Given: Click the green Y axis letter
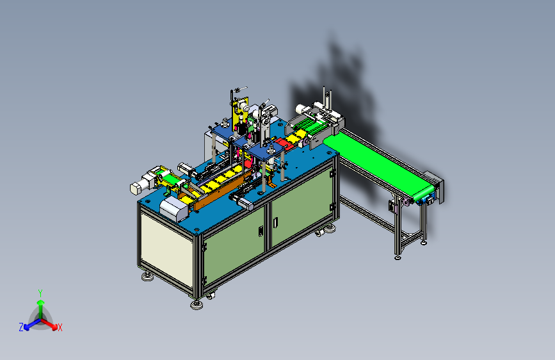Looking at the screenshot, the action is tap(40, 293).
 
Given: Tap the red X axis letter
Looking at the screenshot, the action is tap(60, 327).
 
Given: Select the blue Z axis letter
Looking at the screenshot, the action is tap(21, 327).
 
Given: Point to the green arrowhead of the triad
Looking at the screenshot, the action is tap(41, 302).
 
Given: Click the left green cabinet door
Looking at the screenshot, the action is tap(234, 245).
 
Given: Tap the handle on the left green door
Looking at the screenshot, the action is tap(261, 231).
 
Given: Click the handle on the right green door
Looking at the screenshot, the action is tap(275, 222).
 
